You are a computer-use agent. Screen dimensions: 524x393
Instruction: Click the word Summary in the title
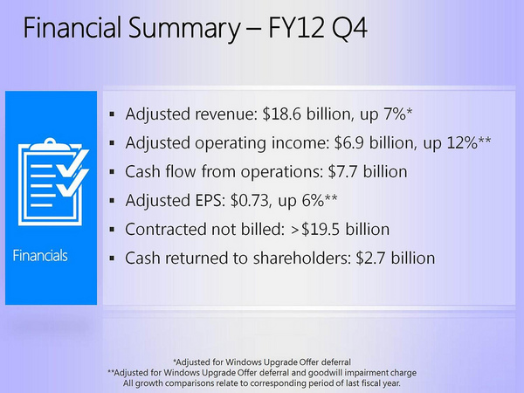tap(183, 29)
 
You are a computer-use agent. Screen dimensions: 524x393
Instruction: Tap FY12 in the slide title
tap(296, 28)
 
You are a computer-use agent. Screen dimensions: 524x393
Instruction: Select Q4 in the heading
tap(349, 29)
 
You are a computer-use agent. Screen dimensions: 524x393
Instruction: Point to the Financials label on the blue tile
tap(40, 256)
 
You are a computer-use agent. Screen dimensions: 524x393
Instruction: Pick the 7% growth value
tap(395, 114)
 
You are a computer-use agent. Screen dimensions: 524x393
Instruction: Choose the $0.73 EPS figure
tap(250, 201)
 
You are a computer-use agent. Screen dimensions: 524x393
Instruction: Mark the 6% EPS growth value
tap(313, 201)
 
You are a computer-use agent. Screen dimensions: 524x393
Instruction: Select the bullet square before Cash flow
tap(112, 172)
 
